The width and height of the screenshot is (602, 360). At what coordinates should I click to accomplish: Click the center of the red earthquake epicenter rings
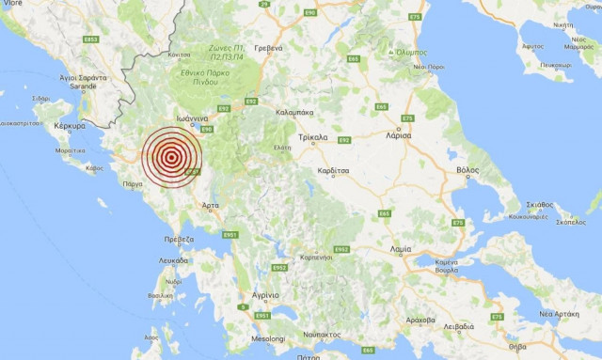point(171,158)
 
